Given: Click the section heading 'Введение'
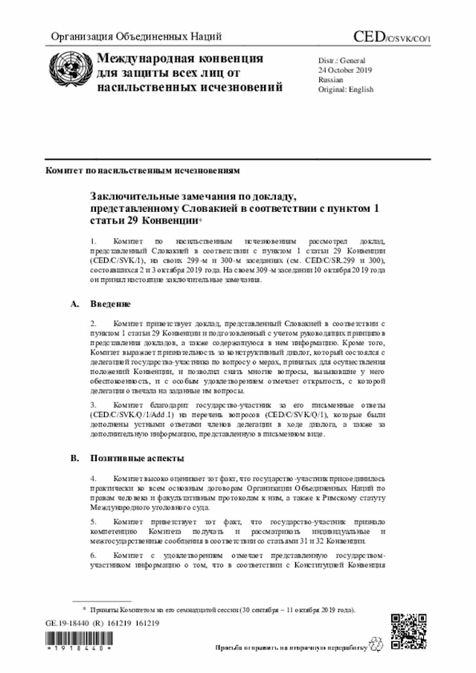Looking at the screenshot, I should [x=111, y=304].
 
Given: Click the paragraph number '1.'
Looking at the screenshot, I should [x=94, y=242].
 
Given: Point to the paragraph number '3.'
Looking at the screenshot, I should [x=94, y=405].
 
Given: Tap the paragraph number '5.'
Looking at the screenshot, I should [x=94, y=523].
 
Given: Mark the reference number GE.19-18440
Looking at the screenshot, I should [x=68, y=622].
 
